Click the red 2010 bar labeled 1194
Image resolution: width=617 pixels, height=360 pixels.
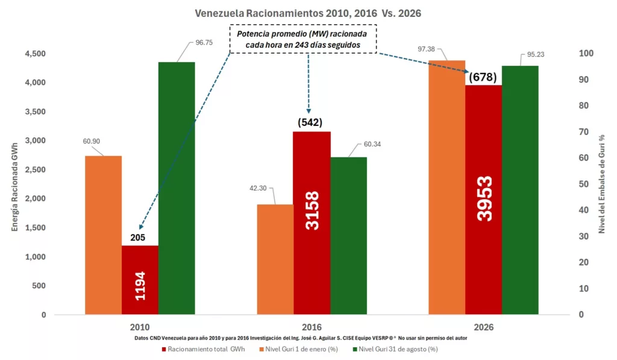point(140,280)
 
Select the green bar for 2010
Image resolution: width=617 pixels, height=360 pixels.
point(177,188)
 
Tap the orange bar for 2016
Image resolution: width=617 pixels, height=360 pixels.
point(275,259)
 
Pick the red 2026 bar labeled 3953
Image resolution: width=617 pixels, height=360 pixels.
point(484,200)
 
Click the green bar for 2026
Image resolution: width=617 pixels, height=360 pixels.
point(520,190)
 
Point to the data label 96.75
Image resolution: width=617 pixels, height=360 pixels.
point(204,43)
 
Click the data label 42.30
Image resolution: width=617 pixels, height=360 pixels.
point(258,188)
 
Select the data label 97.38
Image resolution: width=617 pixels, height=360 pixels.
point(426,49)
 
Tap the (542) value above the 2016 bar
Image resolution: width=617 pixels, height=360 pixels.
point(310,122)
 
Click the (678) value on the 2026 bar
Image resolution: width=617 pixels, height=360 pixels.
point(483,77)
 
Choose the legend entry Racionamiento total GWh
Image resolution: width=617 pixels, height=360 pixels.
point(203,349)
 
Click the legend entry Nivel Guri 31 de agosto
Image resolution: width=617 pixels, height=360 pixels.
point(395,349)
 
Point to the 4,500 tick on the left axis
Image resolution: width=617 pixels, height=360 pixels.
point(36,54)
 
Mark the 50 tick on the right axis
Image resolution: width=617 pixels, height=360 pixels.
point(583,184)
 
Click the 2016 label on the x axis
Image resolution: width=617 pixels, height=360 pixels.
point(312,327)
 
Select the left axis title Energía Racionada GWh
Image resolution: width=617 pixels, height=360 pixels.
point(15,187)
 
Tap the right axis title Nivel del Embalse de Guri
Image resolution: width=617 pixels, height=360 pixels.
point(602,184)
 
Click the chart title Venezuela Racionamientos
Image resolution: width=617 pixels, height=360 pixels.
point(308,13)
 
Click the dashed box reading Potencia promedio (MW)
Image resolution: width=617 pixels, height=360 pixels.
point(303,39)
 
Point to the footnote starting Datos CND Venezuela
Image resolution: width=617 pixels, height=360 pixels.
point(301,338)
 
